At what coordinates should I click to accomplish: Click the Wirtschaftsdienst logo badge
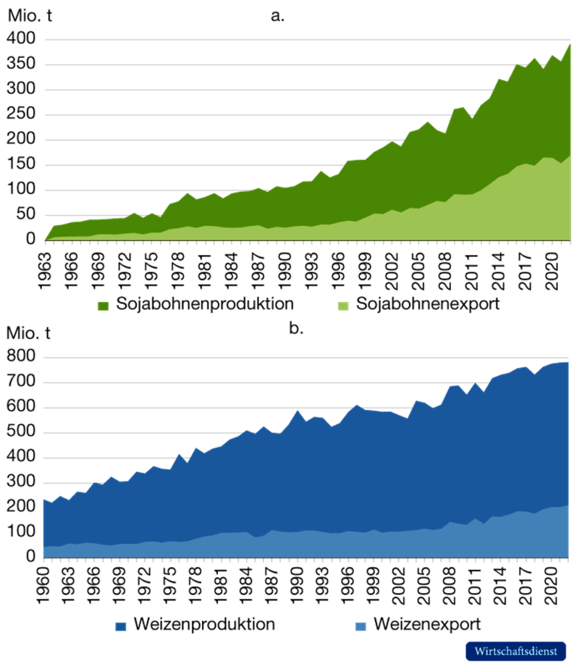[515, 651]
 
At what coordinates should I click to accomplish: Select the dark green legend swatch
[103, 306]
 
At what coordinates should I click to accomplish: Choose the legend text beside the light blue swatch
[426, 625]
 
